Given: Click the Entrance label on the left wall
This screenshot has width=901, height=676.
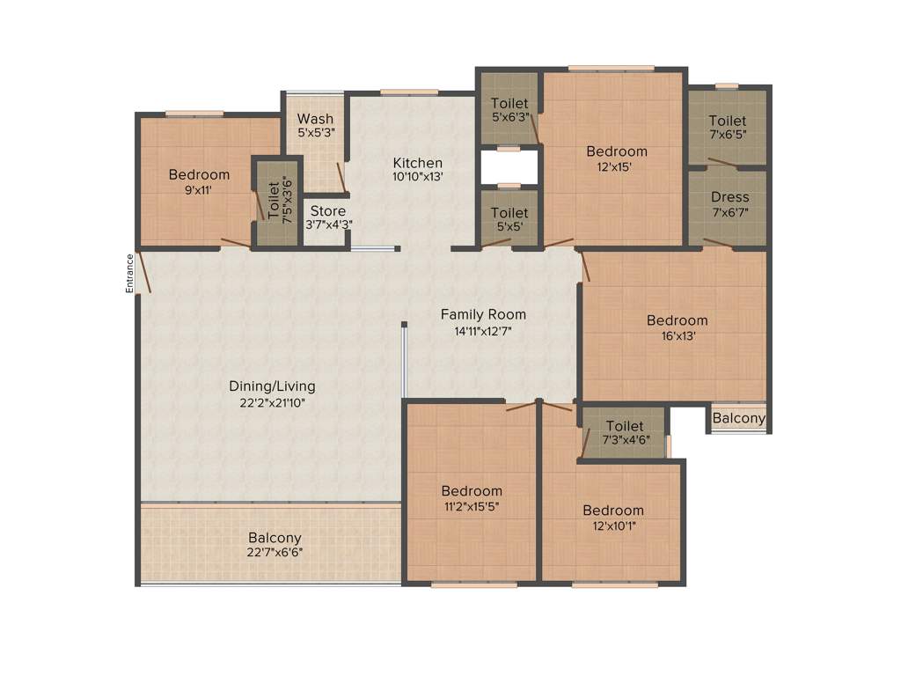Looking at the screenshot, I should coord(129,273).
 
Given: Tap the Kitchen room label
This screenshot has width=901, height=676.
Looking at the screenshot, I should coord(417,163).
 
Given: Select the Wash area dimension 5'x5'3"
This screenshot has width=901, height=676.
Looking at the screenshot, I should coord(315,133).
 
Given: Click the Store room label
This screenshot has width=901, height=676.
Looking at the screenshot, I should coord(326,211).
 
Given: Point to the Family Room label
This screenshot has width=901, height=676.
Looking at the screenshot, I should coord(483,314).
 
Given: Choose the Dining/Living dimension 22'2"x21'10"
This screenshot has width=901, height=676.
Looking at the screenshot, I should coord(272,402).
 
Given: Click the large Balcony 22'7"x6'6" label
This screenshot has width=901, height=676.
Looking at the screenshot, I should coord(275,538).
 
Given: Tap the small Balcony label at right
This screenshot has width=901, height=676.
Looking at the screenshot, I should coord(738,418).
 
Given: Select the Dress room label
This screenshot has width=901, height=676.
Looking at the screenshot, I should coord(729,197).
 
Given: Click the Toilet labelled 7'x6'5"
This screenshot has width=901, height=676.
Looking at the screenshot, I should coord(728,121).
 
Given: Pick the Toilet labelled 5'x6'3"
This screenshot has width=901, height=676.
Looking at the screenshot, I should coord(509,104).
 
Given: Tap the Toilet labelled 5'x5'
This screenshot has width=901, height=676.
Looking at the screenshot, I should coord(509,213).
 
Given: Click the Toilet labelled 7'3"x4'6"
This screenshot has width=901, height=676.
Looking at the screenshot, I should coord(624,426).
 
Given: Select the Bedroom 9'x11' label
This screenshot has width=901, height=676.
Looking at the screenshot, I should coord(199,174).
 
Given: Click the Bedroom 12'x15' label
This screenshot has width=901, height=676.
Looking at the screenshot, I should coord(616,151).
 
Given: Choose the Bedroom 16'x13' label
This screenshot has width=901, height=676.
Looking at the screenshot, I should coord(677,320).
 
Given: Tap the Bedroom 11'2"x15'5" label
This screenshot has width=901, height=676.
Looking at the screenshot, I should coord(472,491).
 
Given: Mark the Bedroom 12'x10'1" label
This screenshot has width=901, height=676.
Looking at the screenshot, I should coord(612,511).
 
